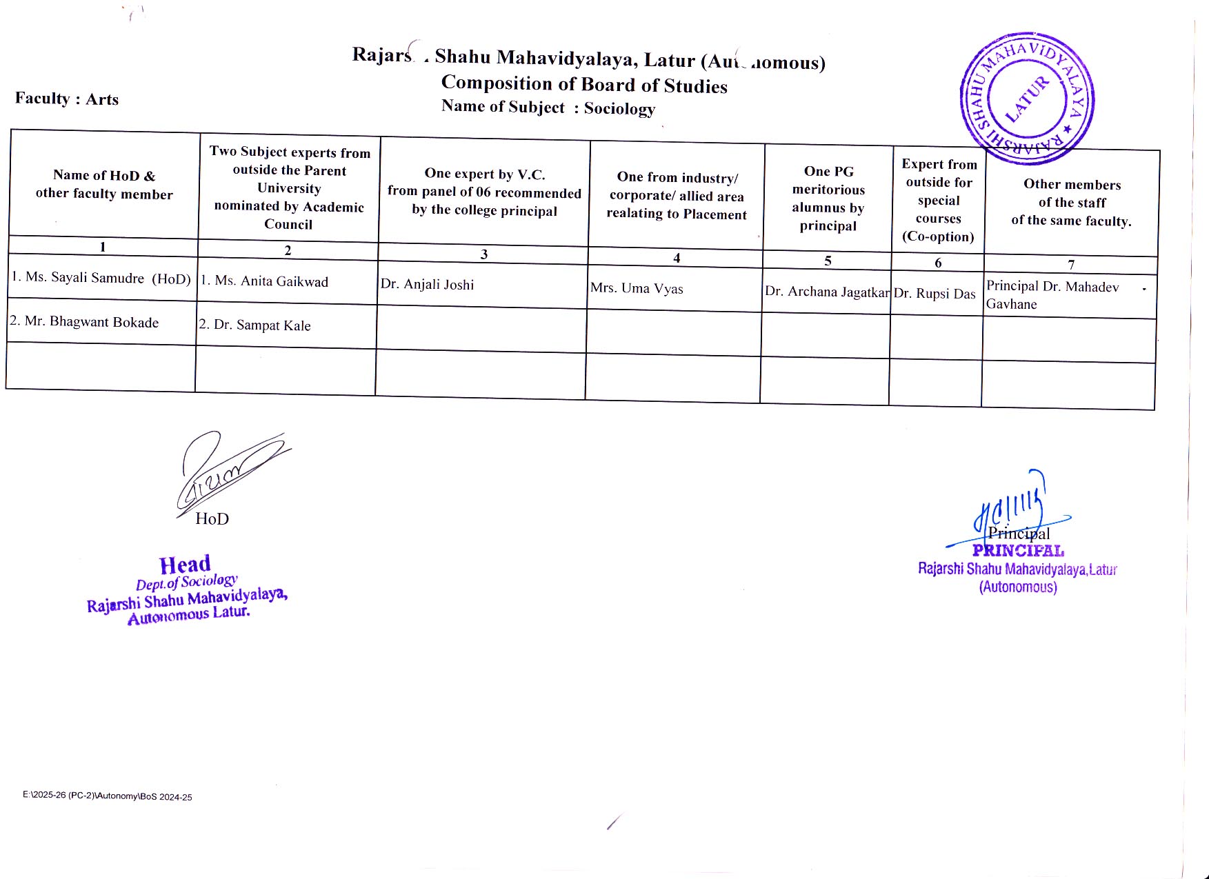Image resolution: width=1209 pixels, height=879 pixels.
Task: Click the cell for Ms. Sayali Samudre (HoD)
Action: click(x=101, y=279)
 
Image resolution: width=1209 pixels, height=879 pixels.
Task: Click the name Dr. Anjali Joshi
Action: click(x=428, y=285)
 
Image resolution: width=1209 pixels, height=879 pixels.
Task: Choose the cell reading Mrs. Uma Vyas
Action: click(x=637, y=289)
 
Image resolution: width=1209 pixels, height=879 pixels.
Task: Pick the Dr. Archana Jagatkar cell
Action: click(x=826, y=292)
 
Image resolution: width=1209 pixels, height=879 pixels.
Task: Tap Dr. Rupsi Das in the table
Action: click(x=935, y=294)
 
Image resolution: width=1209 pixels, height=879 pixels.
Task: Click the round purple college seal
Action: click(x=1027, y=99)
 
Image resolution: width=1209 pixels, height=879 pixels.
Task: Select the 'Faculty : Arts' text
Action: click(x=67, y=99)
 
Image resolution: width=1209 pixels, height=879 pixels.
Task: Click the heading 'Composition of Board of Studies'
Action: click(x=584, y=84)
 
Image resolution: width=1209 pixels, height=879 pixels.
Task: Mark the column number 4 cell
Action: click(x=677, y=258)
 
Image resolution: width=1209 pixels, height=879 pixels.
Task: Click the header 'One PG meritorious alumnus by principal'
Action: click(x=828, y=199)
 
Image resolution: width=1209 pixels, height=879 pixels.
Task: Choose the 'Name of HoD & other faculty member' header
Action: click(x=104, y=185)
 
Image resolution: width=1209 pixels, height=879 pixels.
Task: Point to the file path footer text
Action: click(x=108, y=796)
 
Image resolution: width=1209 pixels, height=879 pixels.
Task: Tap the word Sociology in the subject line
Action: click(x=619, y=109)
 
